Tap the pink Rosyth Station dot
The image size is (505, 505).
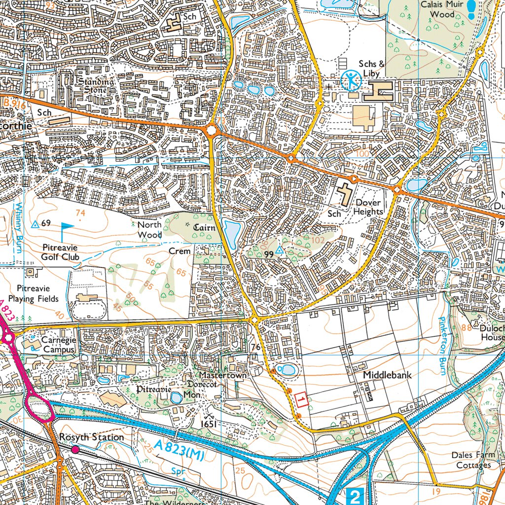pyautogui.click(x=75, y=449)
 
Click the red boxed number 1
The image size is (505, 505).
pyautogui.click(x=302, y=399)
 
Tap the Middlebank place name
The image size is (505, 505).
pyautogui.click(x=387, y=375)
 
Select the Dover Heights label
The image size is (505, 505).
pyautogui.click(x=368, y=207)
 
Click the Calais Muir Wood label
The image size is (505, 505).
pyautogui.click(x=442, y=9)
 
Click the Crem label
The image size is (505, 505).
pyautogui.click(x=180, y=251)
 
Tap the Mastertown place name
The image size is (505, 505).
pyautogui.click(x=222, y=375)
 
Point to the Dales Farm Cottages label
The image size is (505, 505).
pyautogui.click(x=473, y=460)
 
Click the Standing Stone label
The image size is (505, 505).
pyautogui.click(x=96, y=86)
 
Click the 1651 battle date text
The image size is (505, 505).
pyautogui.click(x=209, y=424)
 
